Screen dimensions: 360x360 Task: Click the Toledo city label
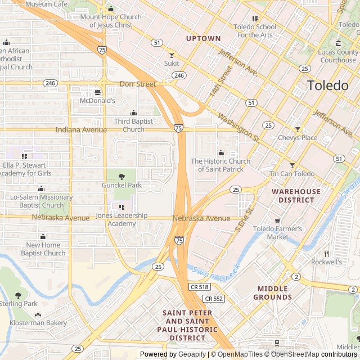point(328,86)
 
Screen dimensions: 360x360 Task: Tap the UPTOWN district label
point(204,38)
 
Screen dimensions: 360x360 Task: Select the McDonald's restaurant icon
point(98,92)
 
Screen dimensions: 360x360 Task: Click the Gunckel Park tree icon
point(121,177)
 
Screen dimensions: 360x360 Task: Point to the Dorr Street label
point(138,84)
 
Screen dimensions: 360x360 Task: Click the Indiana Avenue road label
point(80,130)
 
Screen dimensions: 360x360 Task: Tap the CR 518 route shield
point(200,287)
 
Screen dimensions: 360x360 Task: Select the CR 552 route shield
point(214,299)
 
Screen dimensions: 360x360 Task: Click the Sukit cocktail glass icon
point(172,55)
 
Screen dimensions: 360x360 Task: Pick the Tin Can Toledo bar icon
point(291,165)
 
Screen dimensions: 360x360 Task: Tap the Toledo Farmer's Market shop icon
point(277,220)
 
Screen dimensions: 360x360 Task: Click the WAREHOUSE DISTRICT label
point(296,195)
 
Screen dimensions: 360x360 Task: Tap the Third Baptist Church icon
point(133,112)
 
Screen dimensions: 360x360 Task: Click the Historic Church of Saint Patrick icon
point(220,152)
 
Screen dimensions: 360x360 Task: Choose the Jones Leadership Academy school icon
point(121,207)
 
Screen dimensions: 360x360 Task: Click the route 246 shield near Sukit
point(179,75)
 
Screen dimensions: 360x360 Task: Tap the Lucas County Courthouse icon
point(338,43)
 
